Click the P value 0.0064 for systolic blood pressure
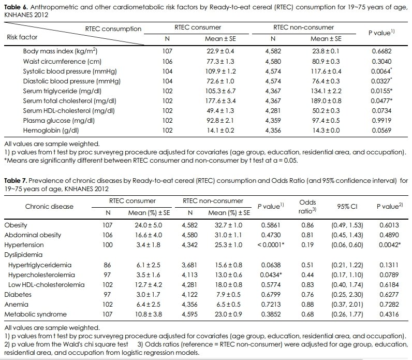point(381,71)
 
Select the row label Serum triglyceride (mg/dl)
point(62,91)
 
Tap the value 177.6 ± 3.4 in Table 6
point(220,100)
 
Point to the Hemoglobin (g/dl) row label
point(51,131)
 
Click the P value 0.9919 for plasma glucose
point(381,121)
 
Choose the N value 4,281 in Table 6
point(273,111)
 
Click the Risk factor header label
point(22,37)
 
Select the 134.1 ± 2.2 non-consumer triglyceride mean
point(326,91)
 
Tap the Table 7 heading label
point(16,181)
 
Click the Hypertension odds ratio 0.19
point(307,245)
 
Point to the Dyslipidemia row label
point(23,255)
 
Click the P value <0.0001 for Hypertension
point(271,245)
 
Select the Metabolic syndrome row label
point(36,314)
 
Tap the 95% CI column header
point(347,207)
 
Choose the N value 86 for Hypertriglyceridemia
point(107,265)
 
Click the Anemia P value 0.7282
point(389,305)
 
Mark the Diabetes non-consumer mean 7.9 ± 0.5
point(228,295)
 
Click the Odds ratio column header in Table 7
point(307,207)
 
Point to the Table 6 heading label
point(16,7)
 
